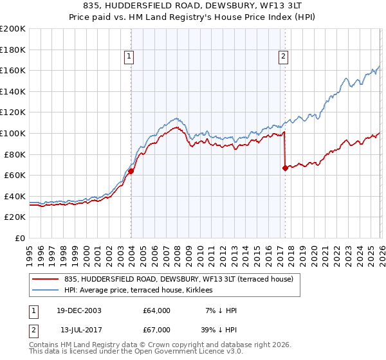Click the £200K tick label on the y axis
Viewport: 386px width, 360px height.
click(x=13, y=29)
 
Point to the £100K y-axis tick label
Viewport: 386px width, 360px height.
click(x=13, y=133)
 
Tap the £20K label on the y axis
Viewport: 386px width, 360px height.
click(x=15, y=217)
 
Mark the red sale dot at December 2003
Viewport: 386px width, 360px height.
click(x=131, y=171)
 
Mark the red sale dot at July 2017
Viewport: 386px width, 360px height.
click(x=284, y=168)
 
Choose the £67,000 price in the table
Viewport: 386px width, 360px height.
click(x=157, y=329)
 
